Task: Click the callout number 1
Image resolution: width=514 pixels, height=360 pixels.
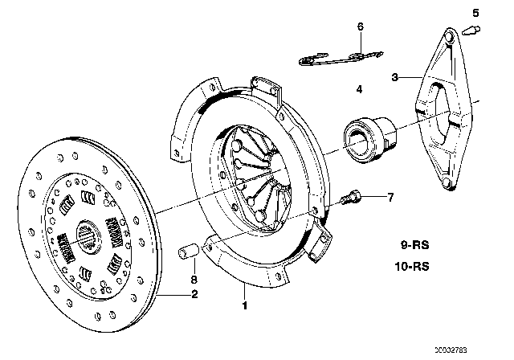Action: (x=245, y=305)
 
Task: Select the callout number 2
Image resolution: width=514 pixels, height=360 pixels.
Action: (x=194, y=294)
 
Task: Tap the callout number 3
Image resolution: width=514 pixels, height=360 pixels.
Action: (x=394, y=77)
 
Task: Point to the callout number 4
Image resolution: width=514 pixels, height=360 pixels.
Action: (x=359, y=88)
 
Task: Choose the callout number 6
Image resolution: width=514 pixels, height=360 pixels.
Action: (x=361, y=27)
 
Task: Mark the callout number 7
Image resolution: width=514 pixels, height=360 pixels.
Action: (x=390, y=197)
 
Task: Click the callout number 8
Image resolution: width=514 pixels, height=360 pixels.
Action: (x=194, y=280)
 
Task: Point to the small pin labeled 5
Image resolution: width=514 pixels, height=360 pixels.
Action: (x=472, y=31)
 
